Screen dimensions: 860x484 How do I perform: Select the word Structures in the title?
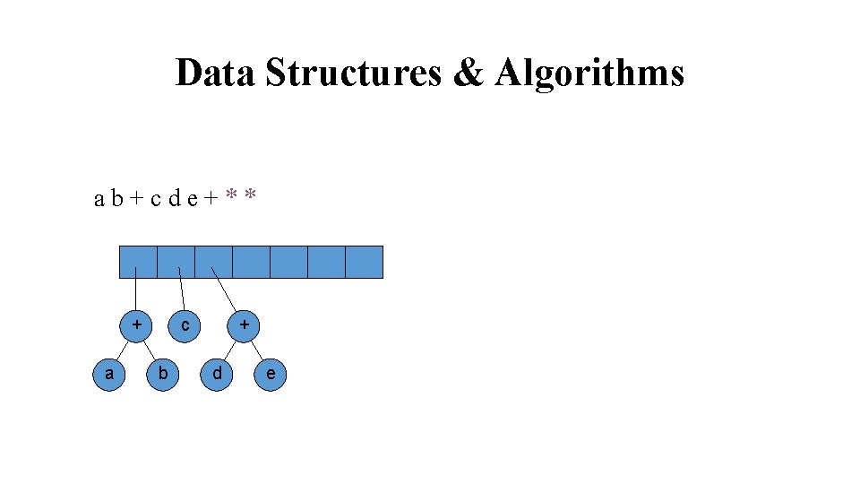[x=353, y=73]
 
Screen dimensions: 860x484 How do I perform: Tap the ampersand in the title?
[x=469, y=73]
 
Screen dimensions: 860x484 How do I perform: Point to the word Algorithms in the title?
[x=589, y=73]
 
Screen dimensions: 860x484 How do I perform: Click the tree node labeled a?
[x=109, y=374]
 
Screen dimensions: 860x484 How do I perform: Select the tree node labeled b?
[x=162, y=374]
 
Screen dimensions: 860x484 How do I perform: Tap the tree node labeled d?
[x=216, y=374]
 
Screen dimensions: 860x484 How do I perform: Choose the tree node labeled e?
[x=271, y=374]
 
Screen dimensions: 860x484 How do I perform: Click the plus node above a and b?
[x=137, y=324]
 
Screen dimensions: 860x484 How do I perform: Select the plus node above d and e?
[x=244, y=324]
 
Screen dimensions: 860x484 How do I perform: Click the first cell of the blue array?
[x=138, y=262]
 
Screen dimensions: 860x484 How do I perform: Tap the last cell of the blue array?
[x=364, y=262]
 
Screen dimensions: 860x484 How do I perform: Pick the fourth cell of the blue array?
[x=251, y=262]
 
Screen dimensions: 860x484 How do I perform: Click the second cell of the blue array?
[x=176, y=262]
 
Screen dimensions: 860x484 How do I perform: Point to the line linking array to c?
[x=183, y=291]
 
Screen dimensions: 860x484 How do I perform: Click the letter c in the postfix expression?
[x=155, y=198]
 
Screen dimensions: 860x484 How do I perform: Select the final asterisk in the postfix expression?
[x=252, y=196]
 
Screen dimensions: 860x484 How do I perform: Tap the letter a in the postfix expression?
[x=99, y=198]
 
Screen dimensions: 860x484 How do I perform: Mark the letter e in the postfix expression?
[x=193, y=198]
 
